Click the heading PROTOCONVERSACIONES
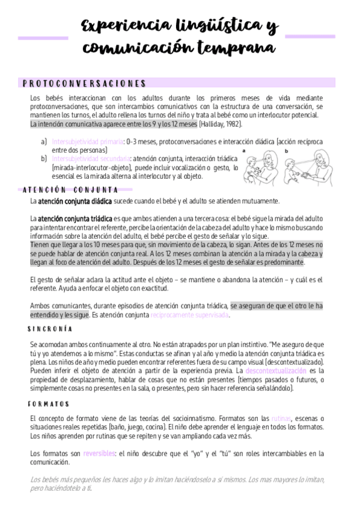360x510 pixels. click(84, 84)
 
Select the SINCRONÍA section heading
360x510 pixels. click(50, 329)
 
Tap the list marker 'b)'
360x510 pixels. click(44, 159)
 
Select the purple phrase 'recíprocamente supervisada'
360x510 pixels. click(189, 315)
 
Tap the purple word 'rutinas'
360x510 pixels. click(281, 418)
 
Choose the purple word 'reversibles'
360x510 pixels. click(99, 453)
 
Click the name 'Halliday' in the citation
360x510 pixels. click(212, 124)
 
